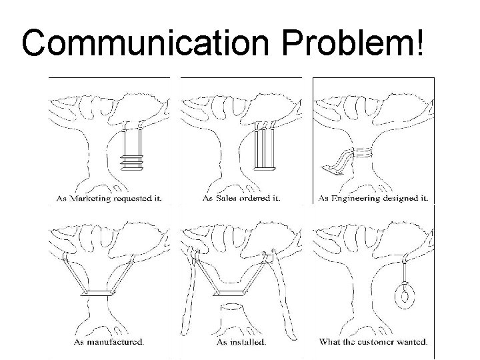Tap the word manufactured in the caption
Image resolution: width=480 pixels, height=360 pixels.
tap(115, 343)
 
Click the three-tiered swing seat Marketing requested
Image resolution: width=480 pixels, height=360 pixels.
tap(132, 161)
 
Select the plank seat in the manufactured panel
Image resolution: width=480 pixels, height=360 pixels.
tap(100, 293)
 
